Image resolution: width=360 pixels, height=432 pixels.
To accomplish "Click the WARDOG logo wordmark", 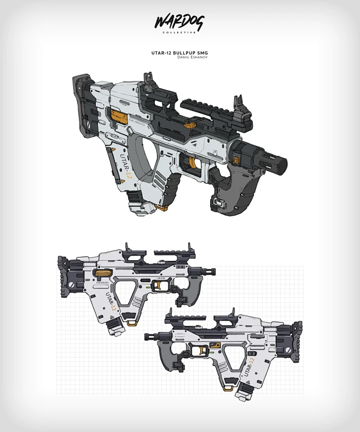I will (179, 22).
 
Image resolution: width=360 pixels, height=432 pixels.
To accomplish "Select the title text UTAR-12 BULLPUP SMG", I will (180, 53).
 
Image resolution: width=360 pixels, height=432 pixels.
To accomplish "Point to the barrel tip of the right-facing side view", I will (213, 271).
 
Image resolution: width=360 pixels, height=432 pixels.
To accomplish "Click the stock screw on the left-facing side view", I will (288, 348).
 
